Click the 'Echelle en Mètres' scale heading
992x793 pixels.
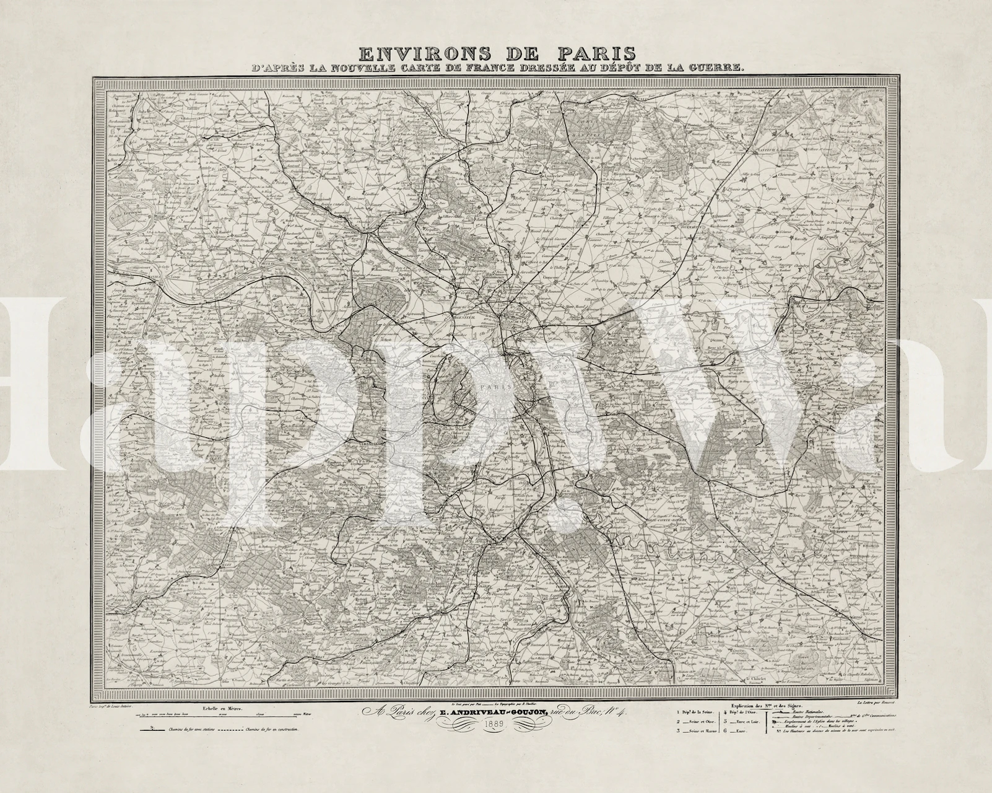219,708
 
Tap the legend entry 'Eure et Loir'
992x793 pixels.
740,721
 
